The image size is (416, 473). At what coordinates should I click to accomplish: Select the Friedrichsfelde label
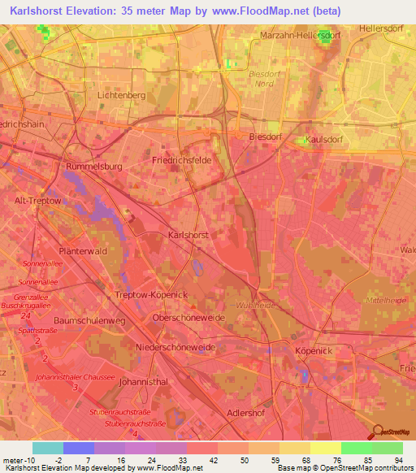pyautogui.click(x=182, y=160)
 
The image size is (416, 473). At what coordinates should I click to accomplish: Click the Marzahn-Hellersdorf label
pyautogui.click(x=299, y=36)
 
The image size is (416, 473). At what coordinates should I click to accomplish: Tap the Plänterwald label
pyautogui.click(x=84, y=251)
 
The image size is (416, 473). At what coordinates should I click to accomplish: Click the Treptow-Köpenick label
pyautogui.click(x=152, y=294)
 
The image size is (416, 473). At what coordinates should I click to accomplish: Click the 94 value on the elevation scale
pyautogui.click(x=398, y=459)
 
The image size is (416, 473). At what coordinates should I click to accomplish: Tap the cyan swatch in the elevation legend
pyautogui.click(x=47, y=448)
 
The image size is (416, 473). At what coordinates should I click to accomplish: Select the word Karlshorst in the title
pyautogui.click(x=39, y=12)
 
